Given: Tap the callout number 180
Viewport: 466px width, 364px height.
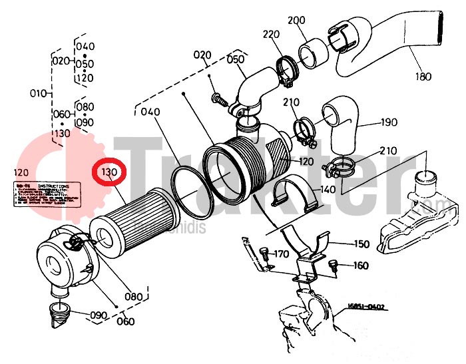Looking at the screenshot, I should click(x=423, y=77).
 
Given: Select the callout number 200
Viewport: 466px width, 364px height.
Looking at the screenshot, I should click(x=296, y=21).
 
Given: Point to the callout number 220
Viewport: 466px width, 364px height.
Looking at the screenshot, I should click(x=271, y=35).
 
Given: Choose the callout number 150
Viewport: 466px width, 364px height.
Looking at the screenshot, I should click(x=361, y=244).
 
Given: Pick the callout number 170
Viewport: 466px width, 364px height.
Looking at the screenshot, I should click(x=280, y=254).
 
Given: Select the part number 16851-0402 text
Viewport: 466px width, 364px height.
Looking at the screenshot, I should click(x=365, y=307).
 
